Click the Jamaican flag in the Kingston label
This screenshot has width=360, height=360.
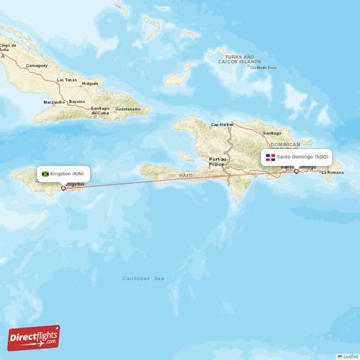[45, 174]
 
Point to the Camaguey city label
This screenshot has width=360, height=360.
[36, 65]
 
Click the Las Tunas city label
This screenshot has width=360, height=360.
[66, 79]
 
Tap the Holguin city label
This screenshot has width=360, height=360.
[90, 84]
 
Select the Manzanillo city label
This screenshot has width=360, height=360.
[53, 102]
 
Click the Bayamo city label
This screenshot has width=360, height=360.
[77, 102]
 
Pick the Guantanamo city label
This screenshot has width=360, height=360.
[130, 109]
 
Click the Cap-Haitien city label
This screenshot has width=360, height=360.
[222, 124]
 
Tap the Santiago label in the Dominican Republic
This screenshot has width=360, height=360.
[272, 133]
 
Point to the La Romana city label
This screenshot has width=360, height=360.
[332, 173]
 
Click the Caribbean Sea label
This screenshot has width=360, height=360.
[143, 279]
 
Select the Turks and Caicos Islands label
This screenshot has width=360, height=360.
[239, 60]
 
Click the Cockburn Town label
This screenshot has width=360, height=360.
[263, 68]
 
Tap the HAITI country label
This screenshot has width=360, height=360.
[186, 175]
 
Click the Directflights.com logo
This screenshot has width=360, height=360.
[34, 338]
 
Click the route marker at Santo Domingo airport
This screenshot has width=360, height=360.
[296, 171]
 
